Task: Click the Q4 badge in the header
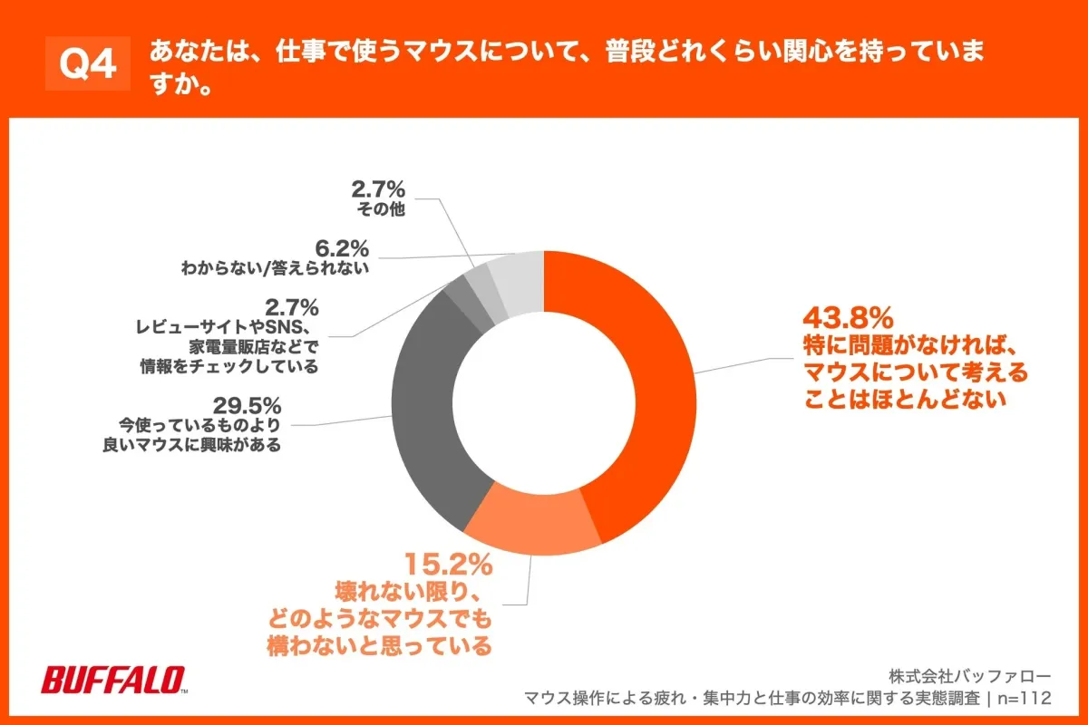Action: coord(88,63)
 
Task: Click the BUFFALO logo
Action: coord(114,679)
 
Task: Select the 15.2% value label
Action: coord(448,565)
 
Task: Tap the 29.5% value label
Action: coord(248,405)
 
